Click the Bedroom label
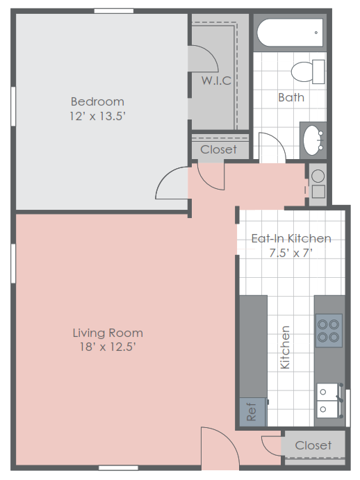tap(98, 101)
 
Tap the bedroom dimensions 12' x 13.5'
tap(98, 116)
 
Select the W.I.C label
tap(216, 80)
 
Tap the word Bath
tap(291, 97)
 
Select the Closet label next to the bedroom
tap(218, 149)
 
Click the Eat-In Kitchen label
tap(291, 238)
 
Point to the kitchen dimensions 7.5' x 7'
tap(291, 253)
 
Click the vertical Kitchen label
tap(284, 347)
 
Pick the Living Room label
tap(108, 333)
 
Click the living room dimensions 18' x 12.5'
tap(108, 347)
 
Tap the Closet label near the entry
tap(313, 445)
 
